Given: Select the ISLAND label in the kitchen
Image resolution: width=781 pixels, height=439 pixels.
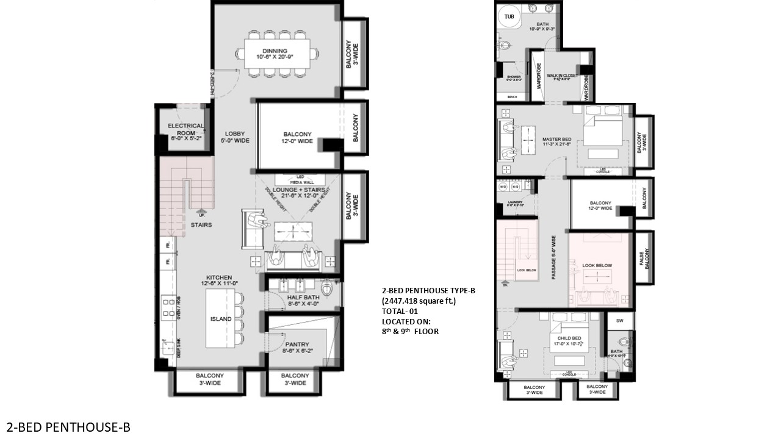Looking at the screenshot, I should (221, 319).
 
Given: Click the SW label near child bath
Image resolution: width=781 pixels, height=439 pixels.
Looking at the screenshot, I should (620, 321).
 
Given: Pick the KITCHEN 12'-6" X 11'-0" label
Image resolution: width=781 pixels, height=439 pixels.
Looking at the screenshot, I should (218, 281).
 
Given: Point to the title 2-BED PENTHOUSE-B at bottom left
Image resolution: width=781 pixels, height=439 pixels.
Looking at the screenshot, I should (68, 427).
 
